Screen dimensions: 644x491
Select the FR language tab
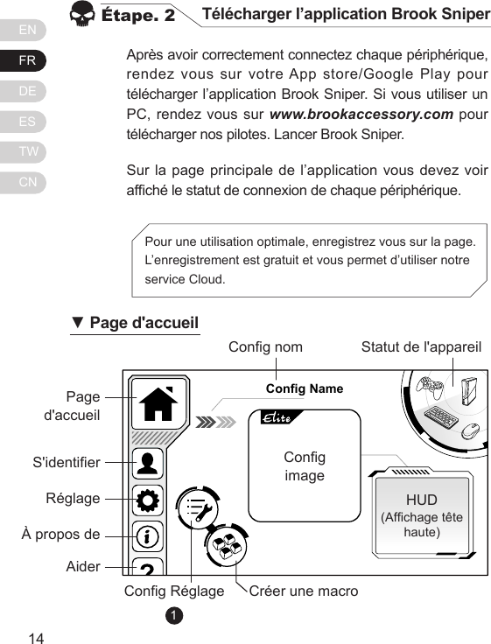tap(29, 59)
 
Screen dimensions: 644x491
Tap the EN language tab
tap(29, 30)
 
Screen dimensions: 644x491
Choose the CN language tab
tap(29, 182)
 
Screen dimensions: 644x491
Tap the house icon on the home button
tap(159, 404)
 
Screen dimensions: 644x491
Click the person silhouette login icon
tap(149, 462)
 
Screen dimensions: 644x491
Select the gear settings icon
tap(149, 500)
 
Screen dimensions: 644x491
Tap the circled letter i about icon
tap(149, 534)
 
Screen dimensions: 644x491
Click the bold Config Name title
tap(305, 388)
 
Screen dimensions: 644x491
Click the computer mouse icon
tap(471, 429)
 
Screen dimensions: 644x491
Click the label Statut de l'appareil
tap(422, 346)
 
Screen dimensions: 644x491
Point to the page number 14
tap(37, 636)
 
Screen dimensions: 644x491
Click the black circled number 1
tap(175, 616)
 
